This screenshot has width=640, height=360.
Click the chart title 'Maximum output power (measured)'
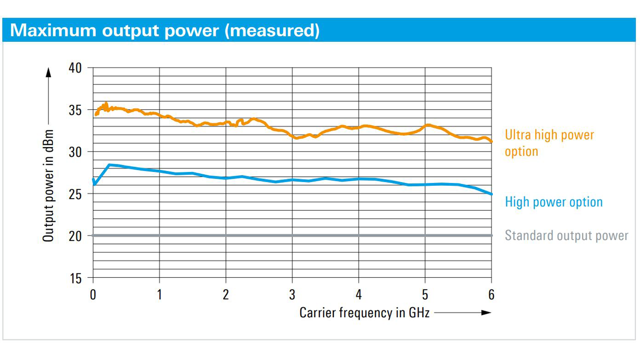pyautogui.click(x=164, y=30)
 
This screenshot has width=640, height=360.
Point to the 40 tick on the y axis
pyautogui.click(x=76, y=68)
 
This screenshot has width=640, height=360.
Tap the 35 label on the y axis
pyautogui.click(x=76, y=110)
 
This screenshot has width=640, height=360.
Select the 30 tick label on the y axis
pyautogui.click(x=76, y=152)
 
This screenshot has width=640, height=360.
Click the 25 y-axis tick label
pyautogui.click(x=76, y=194)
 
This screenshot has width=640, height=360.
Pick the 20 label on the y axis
pyautogui.click(x=76, y=236)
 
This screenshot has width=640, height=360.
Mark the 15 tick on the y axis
pyautogui.click(x=76, y=279)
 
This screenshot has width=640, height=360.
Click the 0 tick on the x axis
pyautogui.click(x=93, y=295)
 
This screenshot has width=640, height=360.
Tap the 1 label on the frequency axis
pyautogui.click(x=160, y=295)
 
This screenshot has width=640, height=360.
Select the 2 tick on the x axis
pyautogui.click(x=226, y=295)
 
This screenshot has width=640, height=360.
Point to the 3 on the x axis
pyautogui.click(x=292, y=295)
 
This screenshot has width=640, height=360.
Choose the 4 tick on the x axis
pyautogui.click(x=359, y=295)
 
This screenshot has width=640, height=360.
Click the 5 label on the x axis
pyautogui.click(x=425, y=295)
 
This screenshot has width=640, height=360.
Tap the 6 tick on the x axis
pyautogui.click(x=492, y=295)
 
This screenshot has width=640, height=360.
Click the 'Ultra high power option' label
pyautogui.click(x=549, y=143)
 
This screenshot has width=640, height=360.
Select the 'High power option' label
pyautogui.click(x=554, y=202)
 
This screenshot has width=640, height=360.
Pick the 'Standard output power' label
pyautogui.click(x=566, y=236)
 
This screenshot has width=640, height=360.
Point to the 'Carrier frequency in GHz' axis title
pyautogui.click(x=364, y=312)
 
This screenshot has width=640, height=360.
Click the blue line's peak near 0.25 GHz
pyautogui.click(x=109, y=165)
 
